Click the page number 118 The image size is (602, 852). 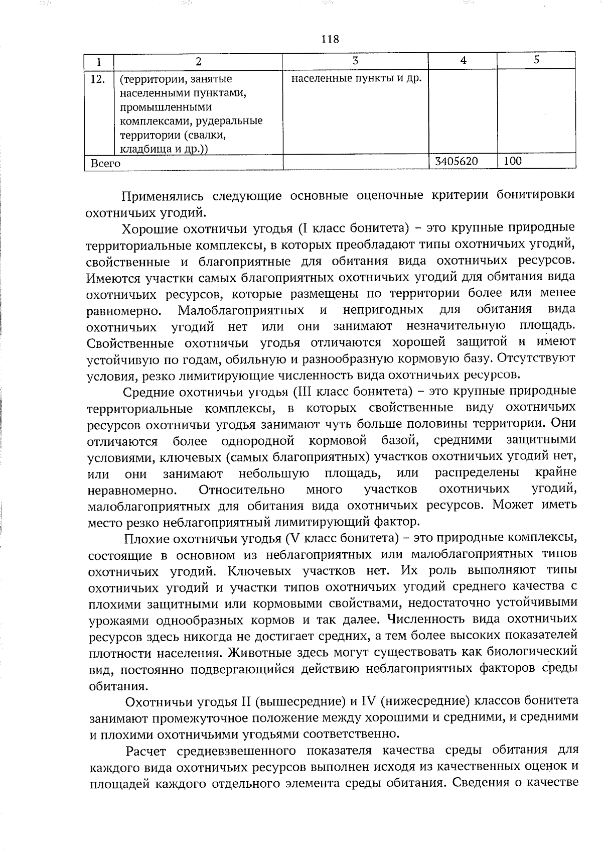click(x=330, y=39)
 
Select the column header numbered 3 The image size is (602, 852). click(x=355, y=61)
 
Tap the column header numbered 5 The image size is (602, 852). click(x=536, y=60)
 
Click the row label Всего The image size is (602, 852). click(x=105, y=164)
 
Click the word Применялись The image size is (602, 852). click(x=162, y=196)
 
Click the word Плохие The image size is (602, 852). click(x=145, y=539)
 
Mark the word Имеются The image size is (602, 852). click(x=110, y=277)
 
